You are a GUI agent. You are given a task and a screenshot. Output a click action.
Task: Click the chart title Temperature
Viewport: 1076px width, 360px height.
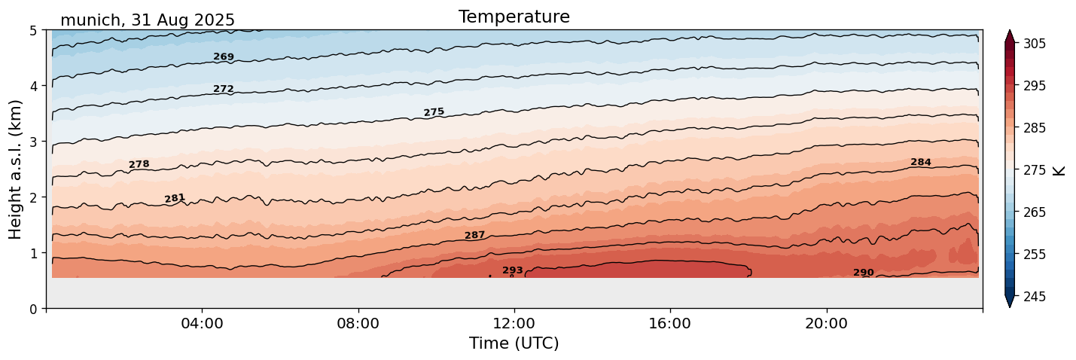[x=514, y=17]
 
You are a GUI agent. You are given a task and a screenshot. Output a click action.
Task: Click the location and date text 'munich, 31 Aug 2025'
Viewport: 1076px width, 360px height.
[x=148, y=20]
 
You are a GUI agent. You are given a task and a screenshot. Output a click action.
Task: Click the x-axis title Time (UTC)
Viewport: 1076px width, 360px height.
[x=514, y=343]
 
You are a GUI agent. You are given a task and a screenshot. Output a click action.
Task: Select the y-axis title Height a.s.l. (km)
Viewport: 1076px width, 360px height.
[x=16, y=169]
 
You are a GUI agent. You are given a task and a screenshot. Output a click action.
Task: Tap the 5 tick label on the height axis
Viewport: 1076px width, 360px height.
[x=33, y=30]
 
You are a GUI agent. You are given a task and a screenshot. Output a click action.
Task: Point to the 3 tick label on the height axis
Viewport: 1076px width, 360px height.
[x=33, y=142]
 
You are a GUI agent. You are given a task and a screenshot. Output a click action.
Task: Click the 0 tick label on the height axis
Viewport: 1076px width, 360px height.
[x=33, y=309]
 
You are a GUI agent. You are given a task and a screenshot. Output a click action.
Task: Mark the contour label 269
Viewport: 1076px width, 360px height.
[x=224, y=56]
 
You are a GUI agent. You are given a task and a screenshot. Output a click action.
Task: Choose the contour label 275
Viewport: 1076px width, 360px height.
[x=434, y=112]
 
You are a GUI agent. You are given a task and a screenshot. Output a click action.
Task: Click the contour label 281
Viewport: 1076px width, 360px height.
[x=175, y=198]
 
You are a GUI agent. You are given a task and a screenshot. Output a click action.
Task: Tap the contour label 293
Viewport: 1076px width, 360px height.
[x=512, y=270]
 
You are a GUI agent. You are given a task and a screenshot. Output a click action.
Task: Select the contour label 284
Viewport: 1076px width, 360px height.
[x=920, y=162]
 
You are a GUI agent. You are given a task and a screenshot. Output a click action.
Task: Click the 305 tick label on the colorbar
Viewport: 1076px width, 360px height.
[x=1034, y=44]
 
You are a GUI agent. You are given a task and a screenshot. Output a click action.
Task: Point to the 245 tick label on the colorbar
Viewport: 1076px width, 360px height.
[x=1034, y=297]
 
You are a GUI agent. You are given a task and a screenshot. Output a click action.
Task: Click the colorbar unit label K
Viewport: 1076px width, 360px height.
[x=1059, y=170]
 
